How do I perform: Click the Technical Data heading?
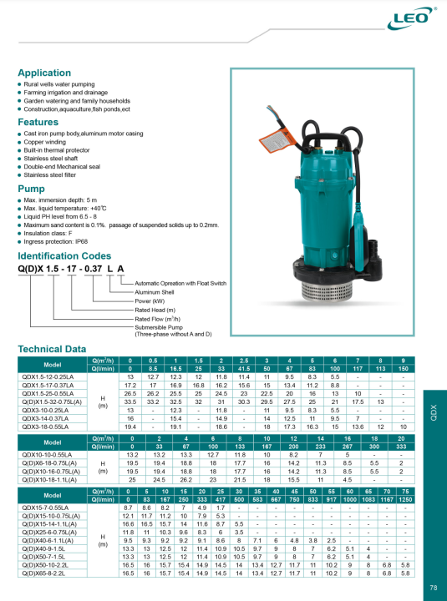pos(51,348)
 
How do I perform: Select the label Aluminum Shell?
pos(155,292)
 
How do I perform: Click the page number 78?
pos(434,588)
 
